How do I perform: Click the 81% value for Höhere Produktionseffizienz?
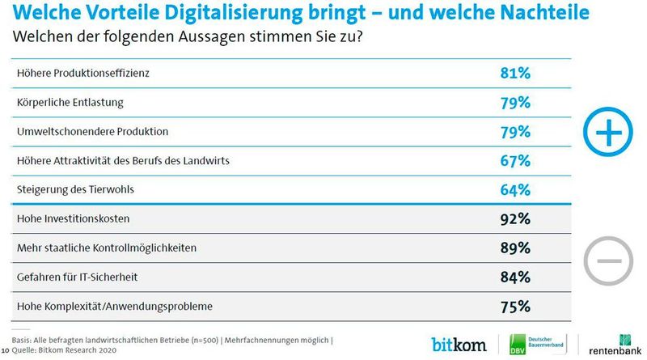click(x=514, y=73)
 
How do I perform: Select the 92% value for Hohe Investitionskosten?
click(x=514, y=218)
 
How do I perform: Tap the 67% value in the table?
click(x=514, y=160)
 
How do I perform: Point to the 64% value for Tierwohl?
click(x=514, y=189)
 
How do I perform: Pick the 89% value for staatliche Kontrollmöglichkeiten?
click(x=514, y=248)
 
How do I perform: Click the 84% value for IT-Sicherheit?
click(x=514, y=277)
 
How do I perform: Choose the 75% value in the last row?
click(x=514, y=306)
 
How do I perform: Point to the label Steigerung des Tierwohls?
click(x=75, y=190)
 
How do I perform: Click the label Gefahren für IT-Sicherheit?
click(x=77, y=277)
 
